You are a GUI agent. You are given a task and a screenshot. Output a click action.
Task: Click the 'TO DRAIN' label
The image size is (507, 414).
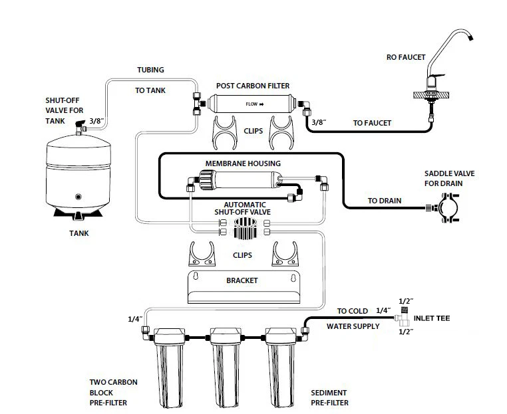385,201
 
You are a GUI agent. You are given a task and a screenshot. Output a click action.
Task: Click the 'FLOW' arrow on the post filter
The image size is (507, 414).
254,104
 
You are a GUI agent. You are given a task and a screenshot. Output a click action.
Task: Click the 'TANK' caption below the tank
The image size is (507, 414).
79,233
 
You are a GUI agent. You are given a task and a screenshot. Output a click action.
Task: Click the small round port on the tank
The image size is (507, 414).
79,197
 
